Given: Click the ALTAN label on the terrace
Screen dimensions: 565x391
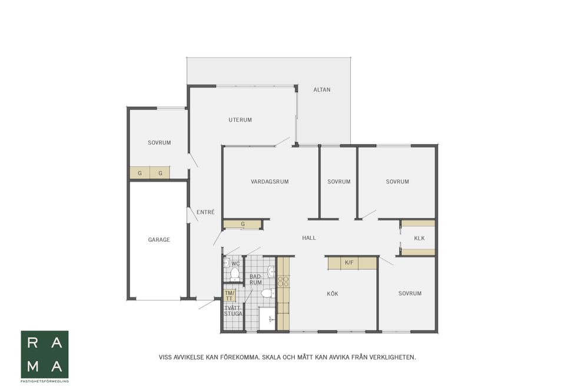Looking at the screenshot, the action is [x=322, y=89].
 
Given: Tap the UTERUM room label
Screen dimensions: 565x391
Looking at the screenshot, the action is [x=240, y=120].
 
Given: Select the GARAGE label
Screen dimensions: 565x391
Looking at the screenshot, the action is [x=159, y=239].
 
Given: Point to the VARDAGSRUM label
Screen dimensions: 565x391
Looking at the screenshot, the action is [x=270, y=182].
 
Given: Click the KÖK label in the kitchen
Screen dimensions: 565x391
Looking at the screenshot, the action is [x=333, y=293].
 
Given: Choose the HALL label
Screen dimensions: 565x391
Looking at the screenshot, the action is [x=309, y=238].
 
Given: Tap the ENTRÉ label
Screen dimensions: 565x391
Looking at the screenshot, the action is [x=205, y=212].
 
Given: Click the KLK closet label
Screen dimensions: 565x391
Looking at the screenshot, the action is [x=420, y=238].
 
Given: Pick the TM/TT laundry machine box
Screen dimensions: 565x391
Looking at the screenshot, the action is [x=230, y=296].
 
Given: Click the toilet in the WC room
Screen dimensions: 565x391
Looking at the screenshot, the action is [x=235, y=275].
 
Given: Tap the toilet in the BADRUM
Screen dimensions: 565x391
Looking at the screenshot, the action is [x=268, y=293].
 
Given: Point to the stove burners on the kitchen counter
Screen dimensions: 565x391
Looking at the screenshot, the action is [x=283, y=281].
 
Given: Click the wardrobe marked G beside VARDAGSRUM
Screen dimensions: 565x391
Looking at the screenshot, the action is [x=242, y=224].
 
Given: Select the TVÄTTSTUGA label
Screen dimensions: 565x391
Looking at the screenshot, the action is [x=233, y=310].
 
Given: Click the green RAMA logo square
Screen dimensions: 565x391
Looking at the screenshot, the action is [x=45, y=355].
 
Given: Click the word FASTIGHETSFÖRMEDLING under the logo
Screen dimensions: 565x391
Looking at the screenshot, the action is [x=45, y=381].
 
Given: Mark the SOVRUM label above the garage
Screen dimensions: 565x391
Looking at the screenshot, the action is [x=159, y=142].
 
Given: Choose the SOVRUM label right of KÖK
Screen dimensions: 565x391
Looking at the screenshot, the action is [x=410, y=293].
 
